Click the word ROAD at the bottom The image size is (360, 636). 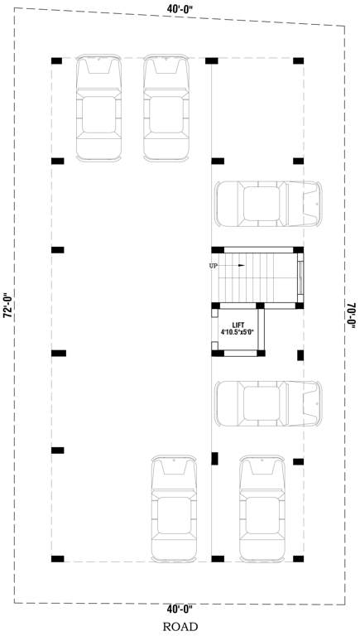(x=180, y=627)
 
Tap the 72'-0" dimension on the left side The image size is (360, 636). (x=7, y=306)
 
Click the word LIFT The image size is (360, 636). (x=238, y=325)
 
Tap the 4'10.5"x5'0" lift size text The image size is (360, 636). (x=238, y=333)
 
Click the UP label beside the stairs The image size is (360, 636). (x=214, y=266)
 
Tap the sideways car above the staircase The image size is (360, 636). (x=267, y=203)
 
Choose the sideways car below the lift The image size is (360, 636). (x=267, y=403)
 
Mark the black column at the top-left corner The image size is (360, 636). (x=57, y=60)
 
